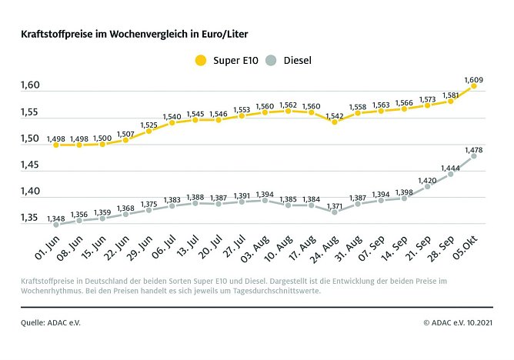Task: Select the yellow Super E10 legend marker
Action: click(x=202, y=60)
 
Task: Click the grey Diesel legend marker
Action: click(x=270, y=60)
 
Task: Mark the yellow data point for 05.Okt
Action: click(x=473, y=86)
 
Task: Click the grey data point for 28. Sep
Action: click(x=450, y=174)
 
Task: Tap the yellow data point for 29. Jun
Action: click(x=149, y=131)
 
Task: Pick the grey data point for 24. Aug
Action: click(x=334, y=212)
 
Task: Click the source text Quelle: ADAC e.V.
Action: click(x=50, y=323)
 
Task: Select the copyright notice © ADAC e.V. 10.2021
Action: click(x=458, y=323)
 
